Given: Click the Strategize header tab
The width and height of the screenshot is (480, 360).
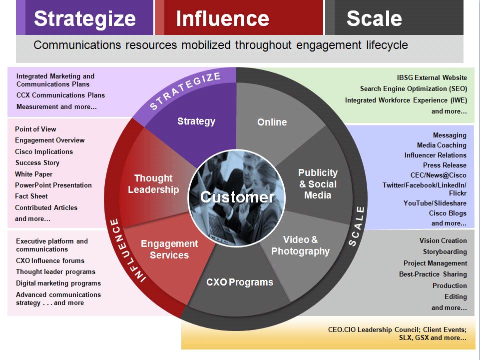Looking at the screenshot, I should pyautogui.click(x=84, y=19).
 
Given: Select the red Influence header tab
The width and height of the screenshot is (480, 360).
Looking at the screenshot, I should pyautogui.click(x=223, y=19).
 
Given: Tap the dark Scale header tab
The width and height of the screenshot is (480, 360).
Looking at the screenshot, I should pyautogui.click(x=374, y=19).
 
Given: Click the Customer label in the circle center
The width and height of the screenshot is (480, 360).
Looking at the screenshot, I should pyautogui.click(x=237, y=197).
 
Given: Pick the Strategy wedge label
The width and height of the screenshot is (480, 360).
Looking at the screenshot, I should pyautogui.click(x=196, y=121).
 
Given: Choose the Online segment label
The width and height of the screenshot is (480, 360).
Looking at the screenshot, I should pyautogui.click(x=272, y=122).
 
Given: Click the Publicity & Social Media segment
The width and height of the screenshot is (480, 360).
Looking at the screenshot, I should pyautogui.click(x=318, y=184).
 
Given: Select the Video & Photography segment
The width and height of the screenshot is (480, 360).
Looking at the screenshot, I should pyautogui.click(x=300, y=245).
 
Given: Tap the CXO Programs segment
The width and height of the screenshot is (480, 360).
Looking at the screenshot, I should pyautogui.click(x=240, y=282).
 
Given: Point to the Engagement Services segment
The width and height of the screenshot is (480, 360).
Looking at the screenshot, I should pyautogui.click(x=169, y=249).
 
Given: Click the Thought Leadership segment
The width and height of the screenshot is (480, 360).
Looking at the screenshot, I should pyautogui.click(x=153, y=184).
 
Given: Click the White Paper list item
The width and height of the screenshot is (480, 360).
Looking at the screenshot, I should pyautogui.click(x=33, y=174).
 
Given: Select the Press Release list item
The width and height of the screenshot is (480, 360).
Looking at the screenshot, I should pyautogui.click(x=444, y=165).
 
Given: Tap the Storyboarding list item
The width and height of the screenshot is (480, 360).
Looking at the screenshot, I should pyautogui.click(x=445, y=251).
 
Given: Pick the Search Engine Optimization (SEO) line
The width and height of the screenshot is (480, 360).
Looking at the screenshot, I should pyautogui.click(x=413, y=88).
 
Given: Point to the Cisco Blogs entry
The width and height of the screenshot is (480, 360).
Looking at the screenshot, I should pyautogui.click(x=448, y=213).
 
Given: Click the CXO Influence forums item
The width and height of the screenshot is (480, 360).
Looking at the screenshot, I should pyautogui.click(x=50, y=260).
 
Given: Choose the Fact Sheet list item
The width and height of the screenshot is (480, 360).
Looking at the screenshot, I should pyautogui.click(x=31, y=196).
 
